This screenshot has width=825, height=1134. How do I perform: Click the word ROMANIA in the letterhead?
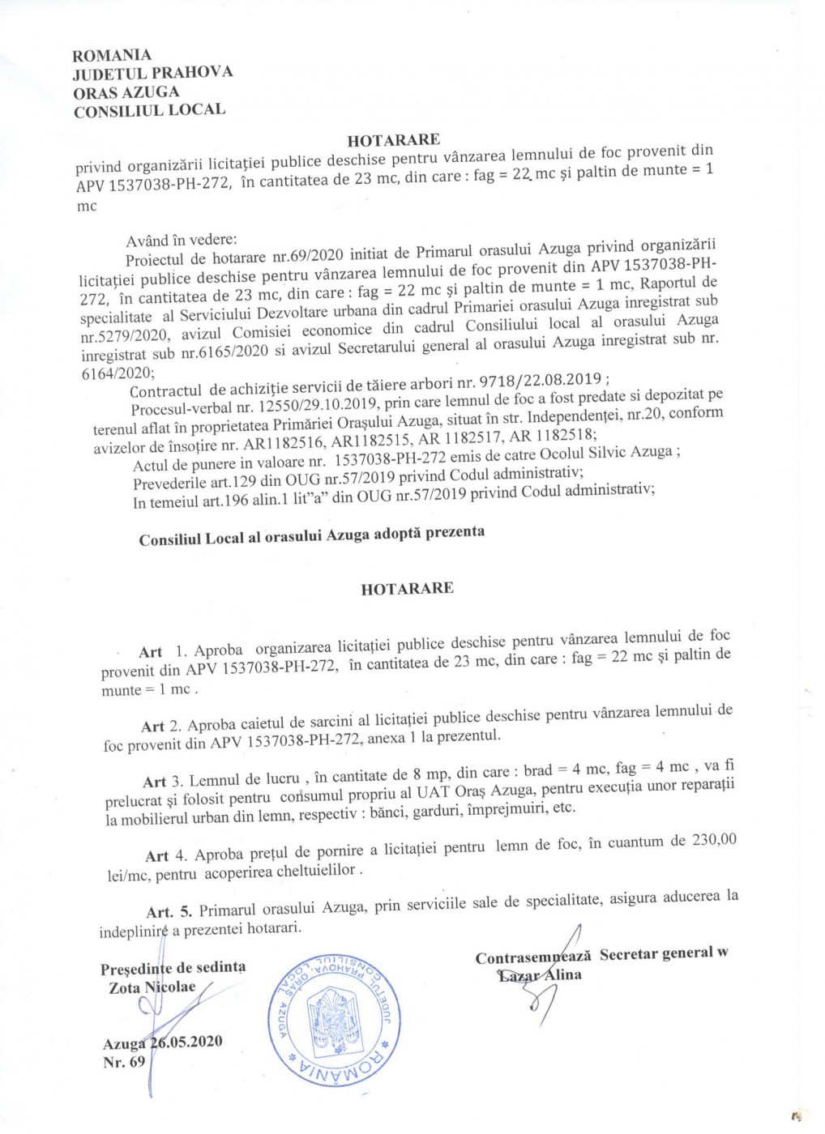tap(112, 55)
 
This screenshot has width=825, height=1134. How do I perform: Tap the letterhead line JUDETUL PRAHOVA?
tap(152, 74)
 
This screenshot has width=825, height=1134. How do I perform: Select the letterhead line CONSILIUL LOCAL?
tap(149, 110)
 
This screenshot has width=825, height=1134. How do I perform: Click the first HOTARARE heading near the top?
tap(393, 140)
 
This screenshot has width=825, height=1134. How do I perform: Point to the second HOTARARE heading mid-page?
tap(407, 589)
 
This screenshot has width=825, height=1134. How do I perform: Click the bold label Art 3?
tap(154, 782)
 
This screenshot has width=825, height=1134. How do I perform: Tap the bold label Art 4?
tap(157, 856)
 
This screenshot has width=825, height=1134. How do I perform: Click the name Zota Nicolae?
tap(152, 987)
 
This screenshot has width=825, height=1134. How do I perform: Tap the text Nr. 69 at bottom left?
tap(124, 1062)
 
